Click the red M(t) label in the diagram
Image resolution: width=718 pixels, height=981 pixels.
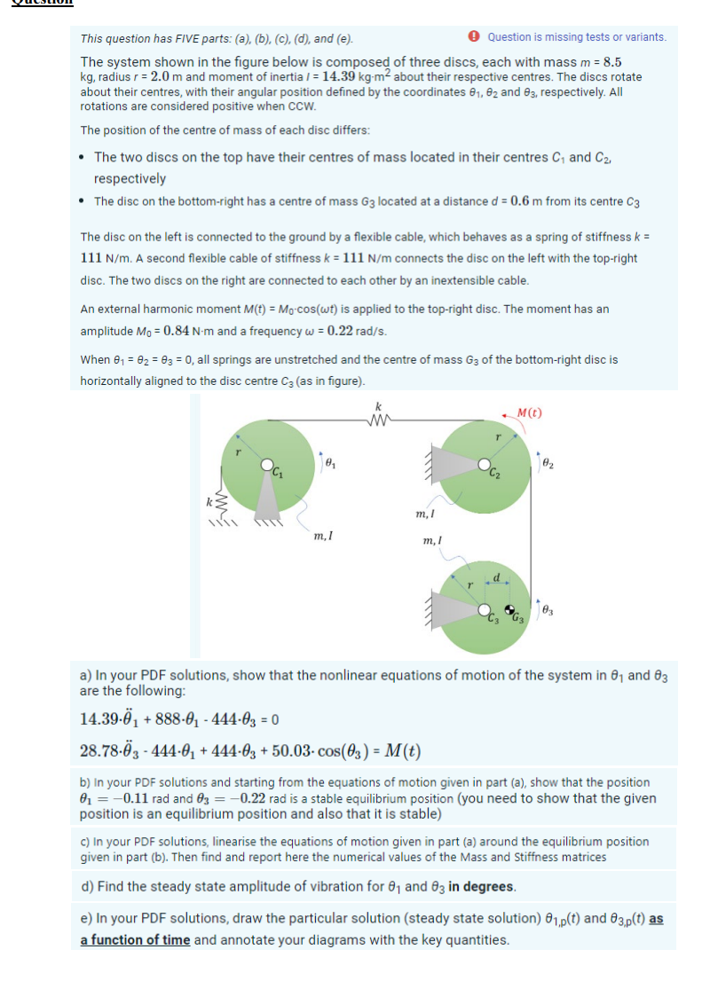click(530, 413)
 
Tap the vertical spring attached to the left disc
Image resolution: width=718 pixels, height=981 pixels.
click(211, 508)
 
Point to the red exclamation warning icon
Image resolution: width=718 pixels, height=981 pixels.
click(476, 37)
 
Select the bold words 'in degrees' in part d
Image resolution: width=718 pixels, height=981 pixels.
click(481, 886)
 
